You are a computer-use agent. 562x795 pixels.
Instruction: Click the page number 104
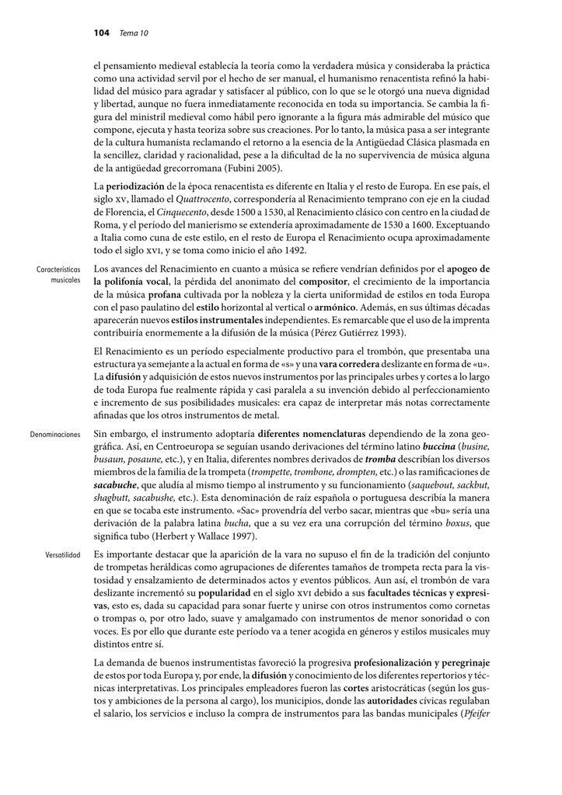100,33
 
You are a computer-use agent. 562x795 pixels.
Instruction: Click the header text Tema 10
134,33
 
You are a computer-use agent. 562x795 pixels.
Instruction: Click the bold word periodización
134,189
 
